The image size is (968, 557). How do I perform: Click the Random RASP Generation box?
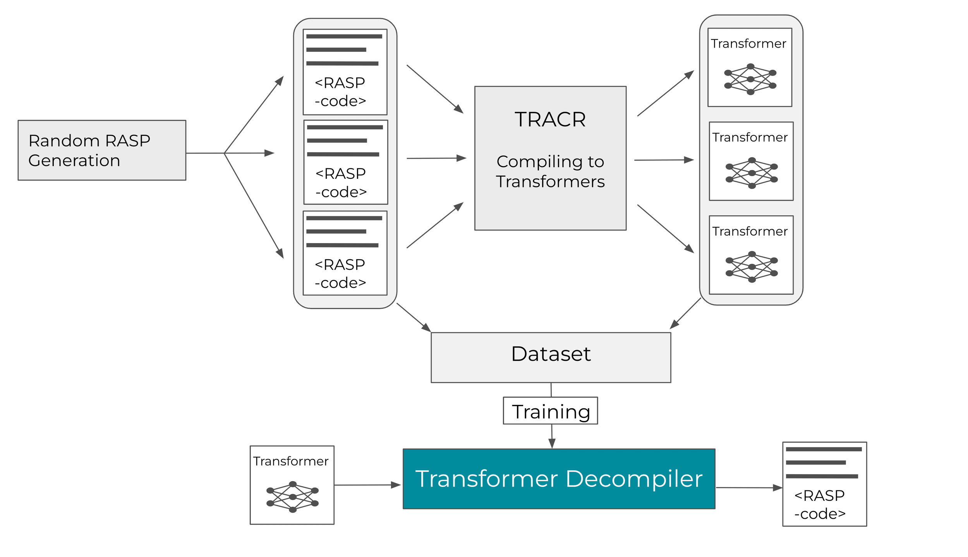point(102,150)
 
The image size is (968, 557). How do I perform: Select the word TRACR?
point(550,119)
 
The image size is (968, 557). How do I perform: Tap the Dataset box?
point(551,357)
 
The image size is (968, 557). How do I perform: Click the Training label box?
point(550,411)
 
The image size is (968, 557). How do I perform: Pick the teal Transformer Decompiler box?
point(559,479)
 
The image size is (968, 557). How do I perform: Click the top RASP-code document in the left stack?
point(345,72)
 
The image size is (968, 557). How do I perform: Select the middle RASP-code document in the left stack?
point(345,162)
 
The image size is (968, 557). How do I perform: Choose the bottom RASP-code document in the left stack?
point(345,253)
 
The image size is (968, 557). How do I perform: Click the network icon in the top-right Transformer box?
point(750,79)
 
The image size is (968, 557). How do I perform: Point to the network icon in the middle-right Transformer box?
point(752,173)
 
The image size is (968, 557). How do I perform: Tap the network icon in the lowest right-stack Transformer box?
point(752,267)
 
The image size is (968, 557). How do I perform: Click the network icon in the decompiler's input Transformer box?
point(292,497)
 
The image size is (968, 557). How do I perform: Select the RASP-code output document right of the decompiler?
point(824,484)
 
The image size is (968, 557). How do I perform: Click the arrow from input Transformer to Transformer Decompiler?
point(367,485)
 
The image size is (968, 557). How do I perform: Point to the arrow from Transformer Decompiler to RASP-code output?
point(749,488)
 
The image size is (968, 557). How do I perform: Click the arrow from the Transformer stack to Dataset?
point(685,313)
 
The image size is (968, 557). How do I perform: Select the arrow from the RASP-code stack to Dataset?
point(414,317)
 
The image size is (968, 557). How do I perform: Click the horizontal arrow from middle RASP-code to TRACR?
point(436,158)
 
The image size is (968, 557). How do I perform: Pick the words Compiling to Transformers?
point(550,171)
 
